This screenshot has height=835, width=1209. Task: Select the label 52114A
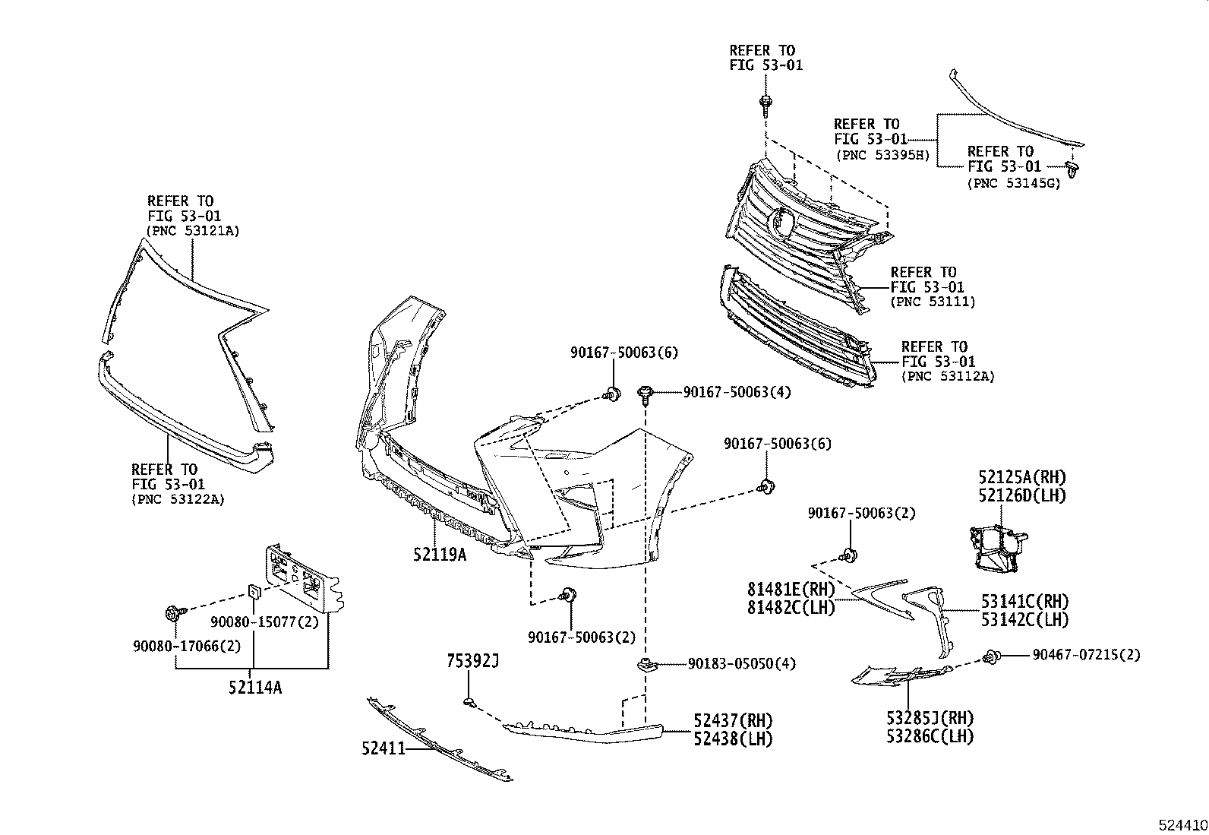click(x=254, y=688)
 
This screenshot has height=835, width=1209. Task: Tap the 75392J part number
click(x=472, y=662)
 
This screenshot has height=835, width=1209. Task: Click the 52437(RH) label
click(x=732, y=720)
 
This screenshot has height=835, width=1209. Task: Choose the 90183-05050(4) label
click(x=741, y=663)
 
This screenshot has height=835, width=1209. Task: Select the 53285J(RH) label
click(x=930, y=718)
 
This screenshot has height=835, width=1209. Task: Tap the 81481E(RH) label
click(x=790, y=590)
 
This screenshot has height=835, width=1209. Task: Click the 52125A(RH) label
click(x=1021, y=477)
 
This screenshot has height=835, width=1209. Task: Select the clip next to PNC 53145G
click(x=1072, y=169)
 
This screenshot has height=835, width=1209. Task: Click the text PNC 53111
click(x=932, y=302)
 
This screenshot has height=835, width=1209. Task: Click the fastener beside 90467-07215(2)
click(x=990, y=657)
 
